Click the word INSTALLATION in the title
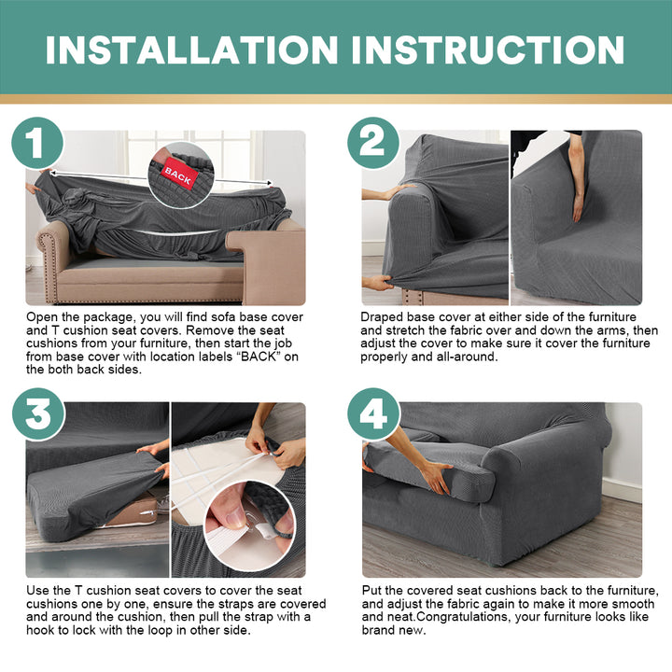tap(191, 49)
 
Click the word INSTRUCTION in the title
tap(488, 49)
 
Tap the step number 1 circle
tap(37, 143)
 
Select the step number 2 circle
tap(372, 143)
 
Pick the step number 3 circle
tap(38, 414)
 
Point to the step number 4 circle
tap(373, 414)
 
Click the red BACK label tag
tap(178, 175)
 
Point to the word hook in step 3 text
tap(39, 630)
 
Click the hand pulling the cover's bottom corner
tap(378, 283)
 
